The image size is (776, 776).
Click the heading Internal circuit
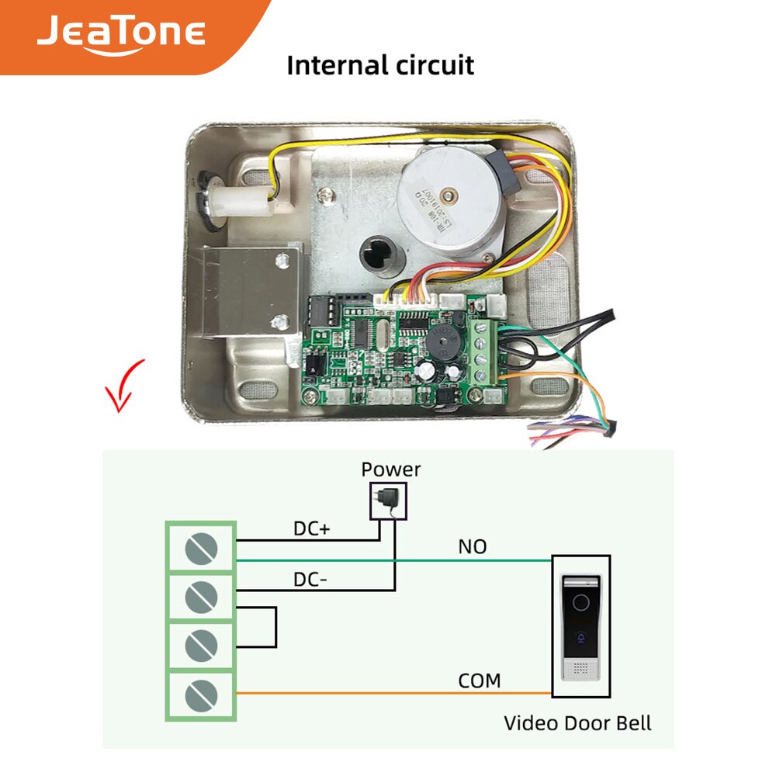point(380,64)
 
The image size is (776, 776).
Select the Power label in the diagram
point(391,469)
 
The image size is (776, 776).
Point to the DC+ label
point(312,528)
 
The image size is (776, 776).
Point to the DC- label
point(311,579)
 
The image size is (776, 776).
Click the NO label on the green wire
point(472,547)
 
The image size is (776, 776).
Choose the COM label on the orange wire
point(479,681)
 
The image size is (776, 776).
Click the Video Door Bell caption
point(577,723)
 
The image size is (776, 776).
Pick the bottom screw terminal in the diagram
point(200,693)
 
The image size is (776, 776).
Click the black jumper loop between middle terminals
point(273,626)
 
